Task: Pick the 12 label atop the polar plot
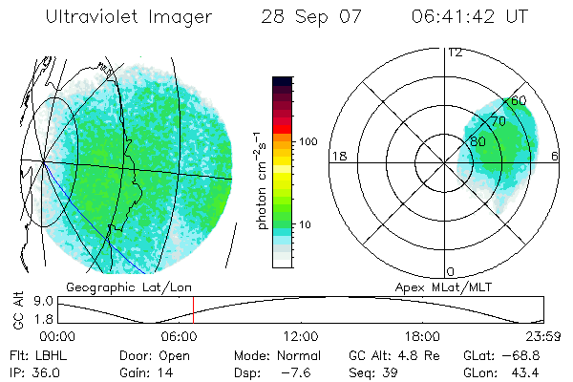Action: pos(455,53)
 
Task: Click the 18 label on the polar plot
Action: pos(337,156)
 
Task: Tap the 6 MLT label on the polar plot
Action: pos(555,156)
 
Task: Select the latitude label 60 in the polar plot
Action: pos(519,100)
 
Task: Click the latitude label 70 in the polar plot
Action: pos(497,121)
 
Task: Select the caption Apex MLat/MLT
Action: pos(435,286)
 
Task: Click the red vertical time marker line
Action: pos(193,309)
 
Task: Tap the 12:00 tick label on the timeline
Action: pos(301,336)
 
